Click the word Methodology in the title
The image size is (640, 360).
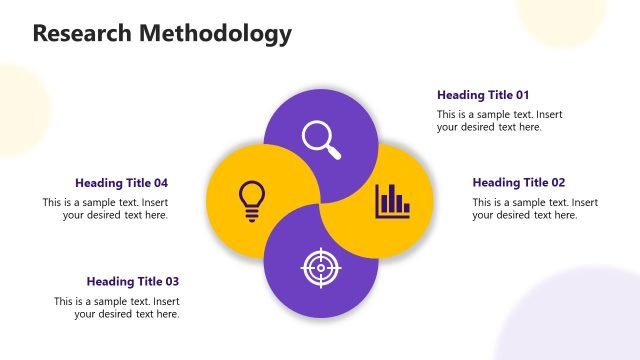(214, 34)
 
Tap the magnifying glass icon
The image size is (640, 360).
(321, 138)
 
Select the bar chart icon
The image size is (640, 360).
(392, 201)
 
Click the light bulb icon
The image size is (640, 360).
(251, 200)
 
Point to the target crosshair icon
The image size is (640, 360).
(321, 268)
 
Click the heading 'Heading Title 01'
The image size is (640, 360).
(483, 95)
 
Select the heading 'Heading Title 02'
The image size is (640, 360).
(519, 183)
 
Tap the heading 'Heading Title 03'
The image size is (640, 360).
(132, 282)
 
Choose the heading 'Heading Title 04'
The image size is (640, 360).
(121, 183)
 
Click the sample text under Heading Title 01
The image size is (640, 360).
(499, 121)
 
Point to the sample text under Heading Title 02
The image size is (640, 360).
(535, 209)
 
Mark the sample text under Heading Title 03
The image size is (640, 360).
(117, 308)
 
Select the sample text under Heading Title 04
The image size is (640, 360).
(105, 209)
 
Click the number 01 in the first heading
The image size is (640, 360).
(522, 95)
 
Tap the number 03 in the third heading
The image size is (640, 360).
(171, 282)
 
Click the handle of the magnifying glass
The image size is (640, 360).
(334, 152)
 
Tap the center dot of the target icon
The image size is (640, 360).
(321, 268)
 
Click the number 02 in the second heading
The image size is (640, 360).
(558, 183)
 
